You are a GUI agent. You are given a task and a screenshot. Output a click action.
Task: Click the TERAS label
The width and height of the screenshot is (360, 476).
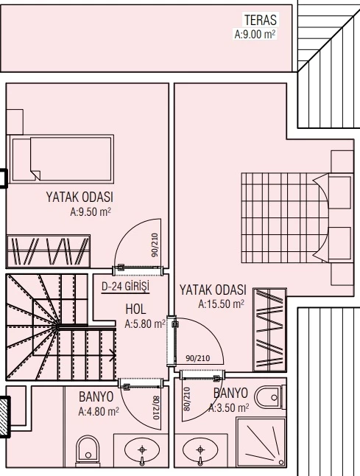[261, 20]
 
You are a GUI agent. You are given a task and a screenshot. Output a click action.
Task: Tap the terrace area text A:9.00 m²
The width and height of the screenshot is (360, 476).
[255, 34]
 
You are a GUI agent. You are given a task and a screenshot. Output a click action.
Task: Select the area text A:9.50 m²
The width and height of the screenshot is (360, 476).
[91, 211]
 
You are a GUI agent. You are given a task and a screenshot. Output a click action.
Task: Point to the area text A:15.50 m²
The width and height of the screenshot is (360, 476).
[221, 304]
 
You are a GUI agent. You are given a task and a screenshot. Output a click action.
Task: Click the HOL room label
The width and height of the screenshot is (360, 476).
[135, 309]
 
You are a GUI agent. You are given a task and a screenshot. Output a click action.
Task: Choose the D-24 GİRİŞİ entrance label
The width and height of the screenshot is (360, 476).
[126, 287]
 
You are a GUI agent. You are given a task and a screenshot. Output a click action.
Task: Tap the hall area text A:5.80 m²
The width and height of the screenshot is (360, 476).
[145, 324]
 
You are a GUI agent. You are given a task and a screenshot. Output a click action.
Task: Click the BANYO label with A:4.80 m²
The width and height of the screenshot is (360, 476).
[96, 396]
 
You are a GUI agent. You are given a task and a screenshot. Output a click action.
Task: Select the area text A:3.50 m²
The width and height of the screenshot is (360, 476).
[229, 408]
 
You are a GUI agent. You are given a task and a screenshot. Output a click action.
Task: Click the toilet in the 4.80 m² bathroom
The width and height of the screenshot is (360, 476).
[88, 451]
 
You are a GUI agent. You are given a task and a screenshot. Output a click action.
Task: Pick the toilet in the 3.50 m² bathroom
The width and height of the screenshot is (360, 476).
[270, 397]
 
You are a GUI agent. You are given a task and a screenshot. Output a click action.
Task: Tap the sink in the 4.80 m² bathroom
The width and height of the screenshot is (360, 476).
[142, 451]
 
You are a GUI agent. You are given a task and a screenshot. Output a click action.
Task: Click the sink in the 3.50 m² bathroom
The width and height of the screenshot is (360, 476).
[200, 451]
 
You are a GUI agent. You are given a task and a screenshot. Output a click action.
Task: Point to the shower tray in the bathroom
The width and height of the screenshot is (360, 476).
[261, 442]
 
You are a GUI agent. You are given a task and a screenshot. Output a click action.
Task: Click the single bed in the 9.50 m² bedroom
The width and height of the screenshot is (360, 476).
[62, 159]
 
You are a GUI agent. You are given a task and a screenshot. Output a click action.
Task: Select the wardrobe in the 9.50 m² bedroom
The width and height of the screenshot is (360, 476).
[49, 251]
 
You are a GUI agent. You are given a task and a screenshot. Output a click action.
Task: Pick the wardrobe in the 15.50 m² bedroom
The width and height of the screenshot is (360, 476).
[269, 329]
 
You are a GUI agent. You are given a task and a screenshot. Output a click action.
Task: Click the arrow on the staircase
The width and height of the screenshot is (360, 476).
[113, 355]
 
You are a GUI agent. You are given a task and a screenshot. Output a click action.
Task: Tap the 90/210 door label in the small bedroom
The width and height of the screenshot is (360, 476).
[155, 245]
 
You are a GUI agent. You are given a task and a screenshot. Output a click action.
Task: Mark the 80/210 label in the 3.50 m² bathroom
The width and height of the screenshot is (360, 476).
[187, 399]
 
